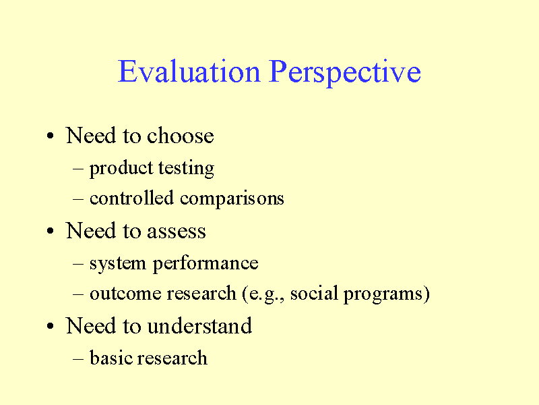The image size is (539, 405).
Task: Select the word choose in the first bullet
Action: pos(181,136)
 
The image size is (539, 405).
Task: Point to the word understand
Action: pos(199,326)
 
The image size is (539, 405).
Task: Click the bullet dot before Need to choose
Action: pos(51,137)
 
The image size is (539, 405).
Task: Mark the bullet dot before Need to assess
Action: pos(51,232)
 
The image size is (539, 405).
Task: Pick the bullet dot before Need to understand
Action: pos(51,327)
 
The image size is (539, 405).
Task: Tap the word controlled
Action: pos(133,198)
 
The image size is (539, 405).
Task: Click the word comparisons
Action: pos(232,199)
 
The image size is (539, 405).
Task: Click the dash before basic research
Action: pos(78,358)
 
